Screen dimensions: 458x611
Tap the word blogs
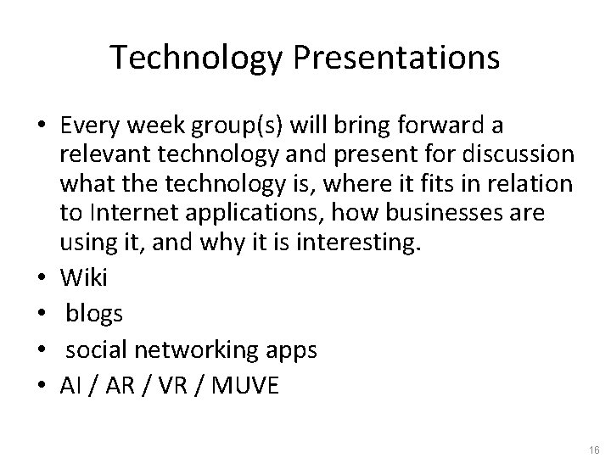click(94, 313)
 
